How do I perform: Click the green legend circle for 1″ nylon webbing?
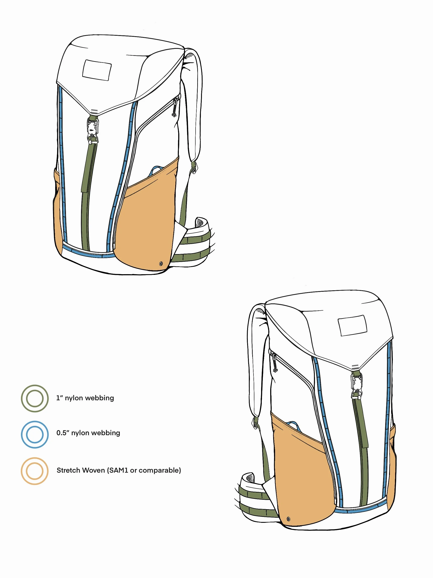pos(35,398)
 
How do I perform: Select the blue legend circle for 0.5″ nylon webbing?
pos(35,434)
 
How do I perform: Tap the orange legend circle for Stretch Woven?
pos(35,471)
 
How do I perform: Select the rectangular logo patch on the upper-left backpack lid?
pos(97,70)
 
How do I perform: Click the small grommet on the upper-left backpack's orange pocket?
pos(161,263)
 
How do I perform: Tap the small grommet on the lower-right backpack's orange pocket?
pos(288,519)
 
